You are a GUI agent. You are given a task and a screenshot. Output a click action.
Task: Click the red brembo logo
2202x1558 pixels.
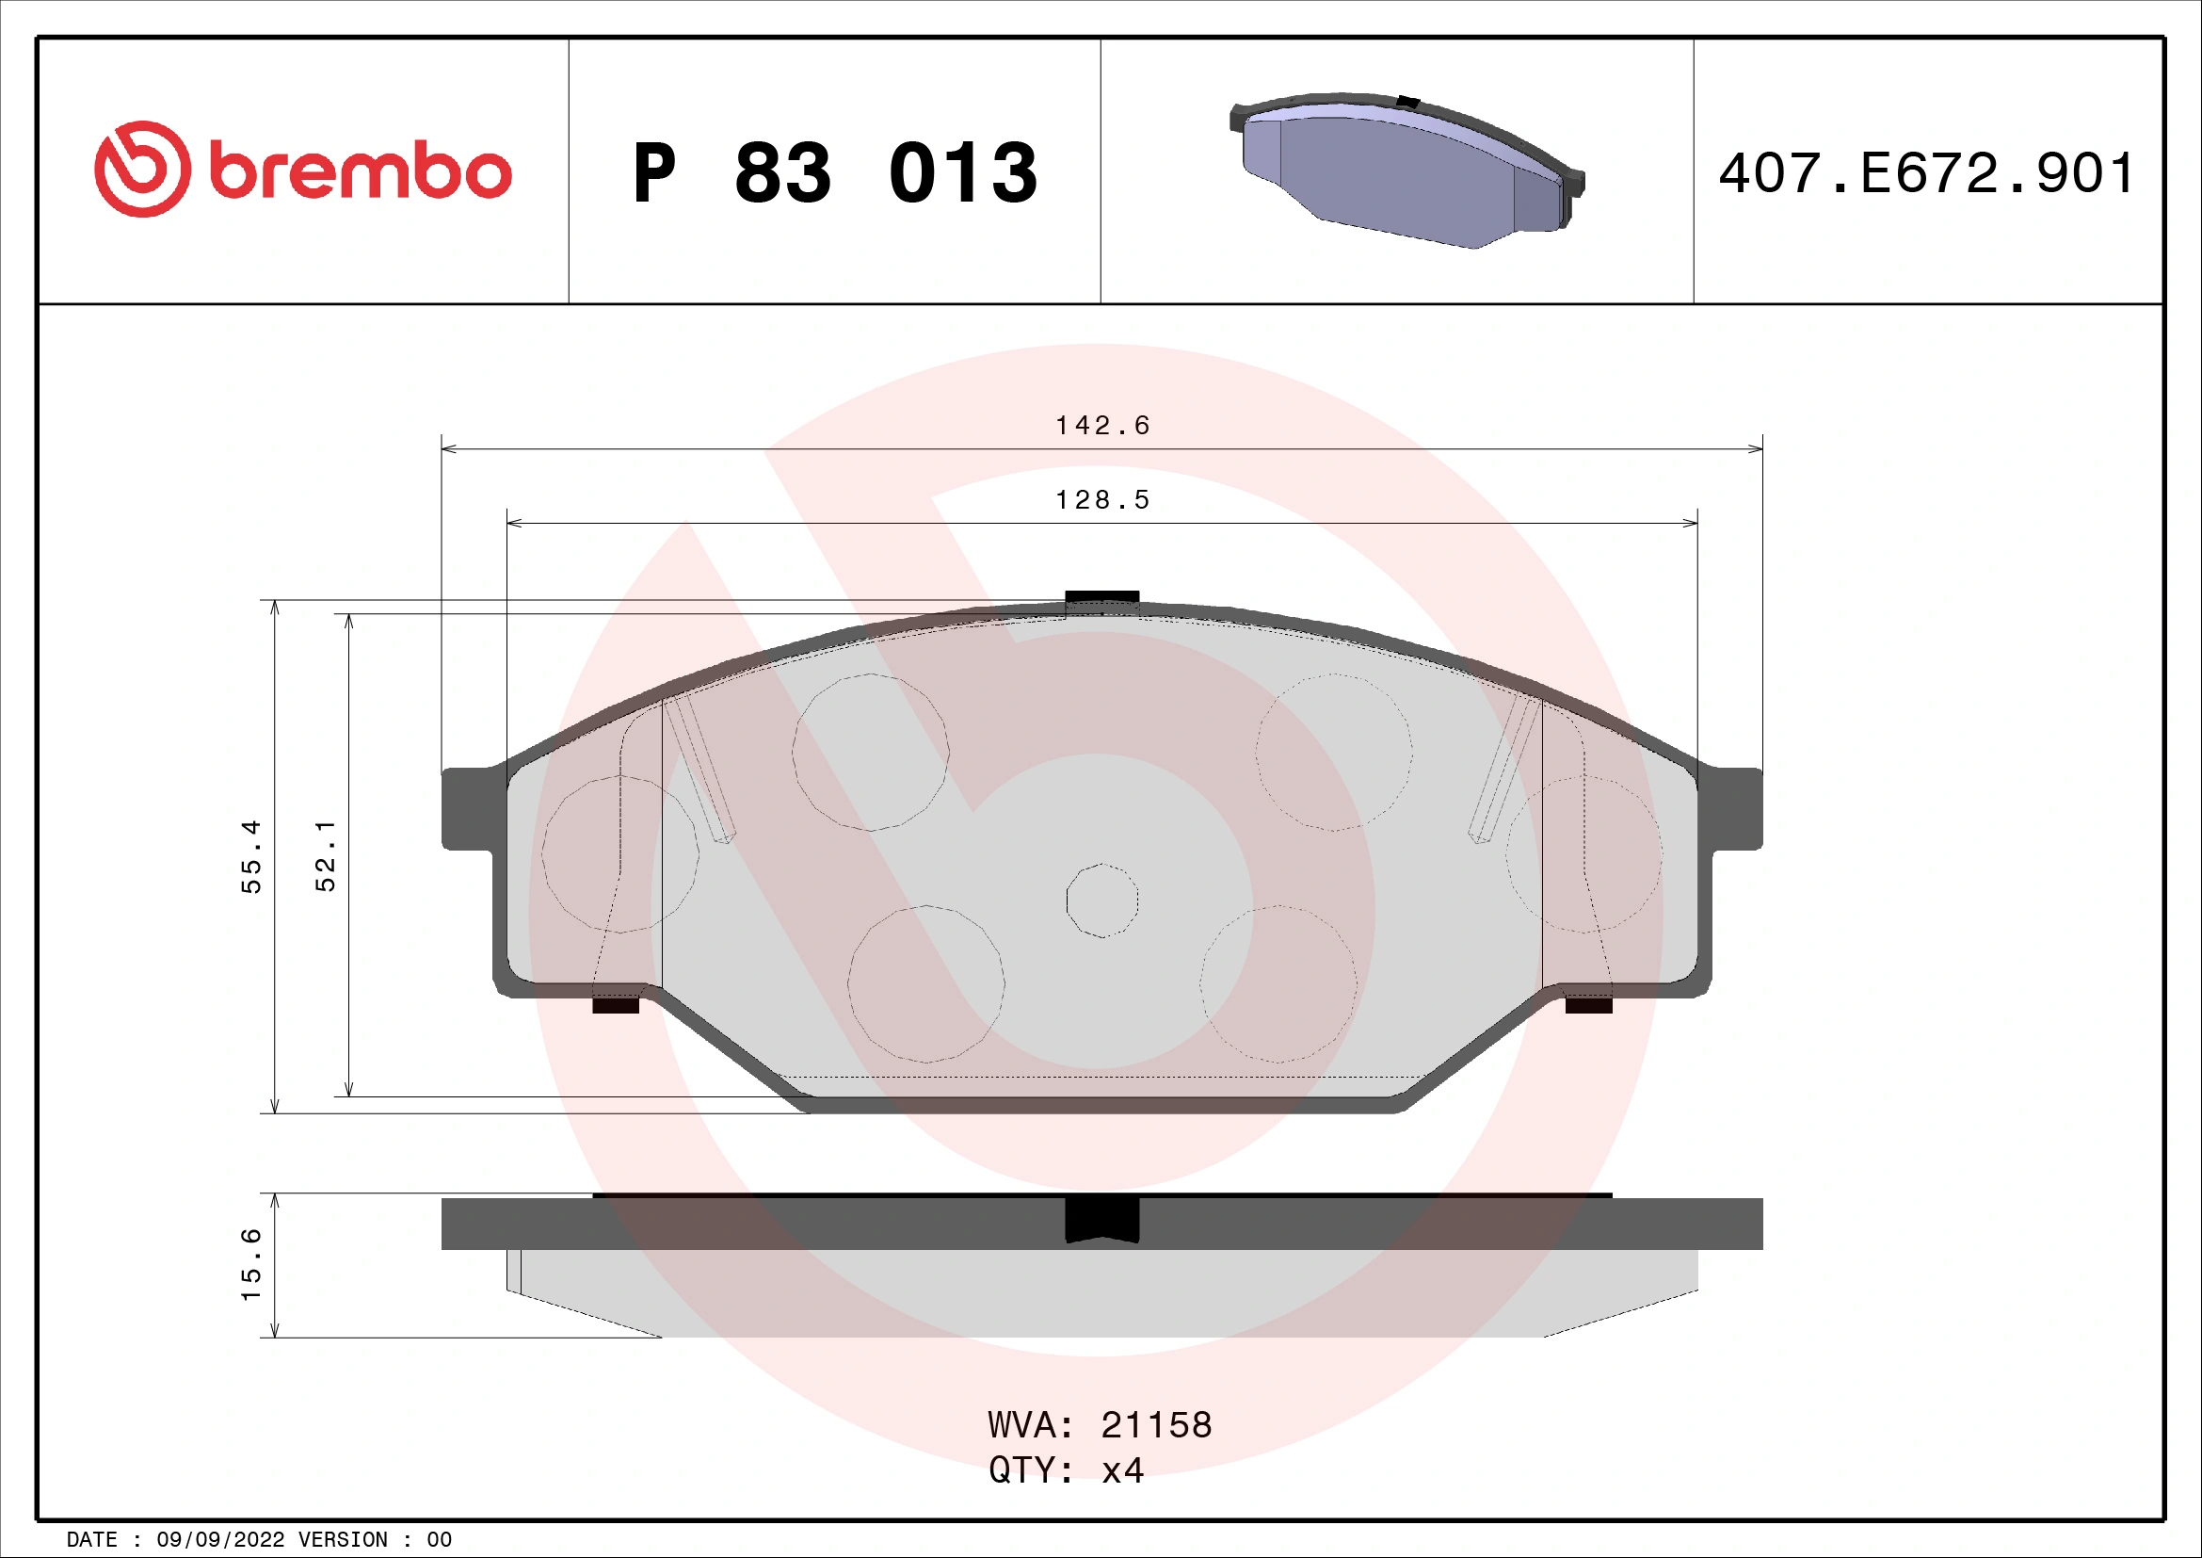302,170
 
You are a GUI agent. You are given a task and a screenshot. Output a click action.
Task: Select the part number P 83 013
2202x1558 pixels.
834,173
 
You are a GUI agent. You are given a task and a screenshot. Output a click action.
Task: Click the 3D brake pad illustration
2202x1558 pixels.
1406,170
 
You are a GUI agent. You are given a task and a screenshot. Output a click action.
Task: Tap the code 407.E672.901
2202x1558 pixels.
1927,173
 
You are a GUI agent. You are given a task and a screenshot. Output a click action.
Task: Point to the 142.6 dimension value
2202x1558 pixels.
1102,425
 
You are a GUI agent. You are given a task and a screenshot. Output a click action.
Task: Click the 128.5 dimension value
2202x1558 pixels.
1102,500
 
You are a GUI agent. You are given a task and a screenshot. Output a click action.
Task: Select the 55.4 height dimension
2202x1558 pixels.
250,855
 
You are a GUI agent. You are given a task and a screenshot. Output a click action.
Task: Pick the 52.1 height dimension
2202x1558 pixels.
326,855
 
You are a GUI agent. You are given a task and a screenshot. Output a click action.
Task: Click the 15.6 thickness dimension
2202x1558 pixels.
250,1264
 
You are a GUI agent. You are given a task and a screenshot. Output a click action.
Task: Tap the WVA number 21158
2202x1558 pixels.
1156,1425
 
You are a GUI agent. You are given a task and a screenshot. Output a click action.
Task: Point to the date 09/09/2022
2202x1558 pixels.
219,1540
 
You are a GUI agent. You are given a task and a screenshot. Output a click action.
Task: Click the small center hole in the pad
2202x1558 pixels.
1102,900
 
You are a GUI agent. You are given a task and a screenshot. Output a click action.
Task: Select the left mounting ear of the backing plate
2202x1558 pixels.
467,808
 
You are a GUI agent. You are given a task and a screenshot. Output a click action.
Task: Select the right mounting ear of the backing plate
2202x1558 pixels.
1736,808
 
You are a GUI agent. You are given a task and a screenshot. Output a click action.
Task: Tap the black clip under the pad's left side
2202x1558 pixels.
615,1005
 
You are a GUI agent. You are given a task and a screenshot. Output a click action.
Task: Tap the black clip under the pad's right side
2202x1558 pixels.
1588,1005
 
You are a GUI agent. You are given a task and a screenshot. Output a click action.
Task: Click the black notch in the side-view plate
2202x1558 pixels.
1102,1220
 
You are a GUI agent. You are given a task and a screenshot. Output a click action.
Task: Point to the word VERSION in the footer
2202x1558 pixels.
343,1540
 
